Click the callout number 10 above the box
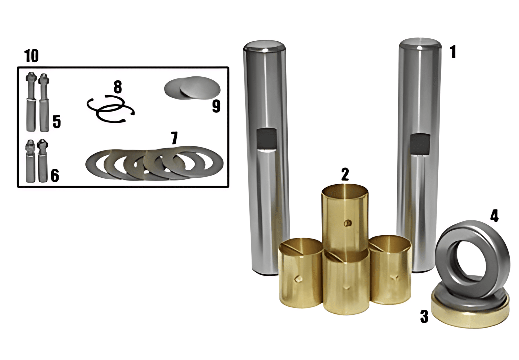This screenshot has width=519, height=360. coord(31,56)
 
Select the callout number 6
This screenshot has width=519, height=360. coord(55,175)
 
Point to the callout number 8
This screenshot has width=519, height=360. coord(118,87)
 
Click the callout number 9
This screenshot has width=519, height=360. coord(216,107)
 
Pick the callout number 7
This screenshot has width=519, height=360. coord(174,138)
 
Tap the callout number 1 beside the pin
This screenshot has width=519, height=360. coord(453,52)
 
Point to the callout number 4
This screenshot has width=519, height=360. coord(494,216)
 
